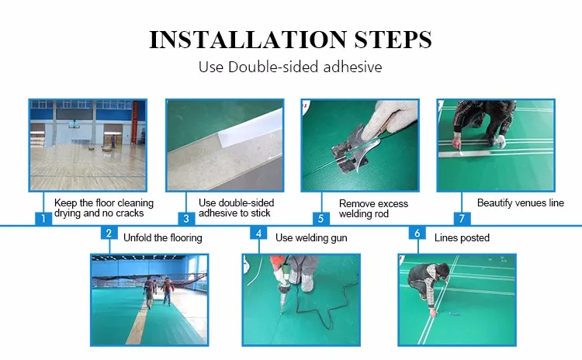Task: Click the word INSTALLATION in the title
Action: [x=248, y=40]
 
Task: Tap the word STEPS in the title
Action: [x=393, y=40]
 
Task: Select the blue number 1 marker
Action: [x=43, y=219]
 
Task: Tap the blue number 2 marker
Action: [x=109, y=233]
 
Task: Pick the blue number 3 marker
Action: [x=186, y=219]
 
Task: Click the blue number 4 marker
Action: [x=258, y=233]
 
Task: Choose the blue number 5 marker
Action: [x=321, y=219]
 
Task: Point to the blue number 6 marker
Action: [x=417, y=233]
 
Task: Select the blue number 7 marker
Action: [x=462, y=219]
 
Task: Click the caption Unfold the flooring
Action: [x=163, y=237]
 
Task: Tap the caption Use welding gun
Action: [x=311, y=237]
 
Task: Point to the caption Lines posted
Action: [x=462, y=237]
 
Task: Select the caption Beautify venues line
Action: [x=521, y=203]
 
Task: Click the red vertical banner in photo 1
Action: [x=135, y=123]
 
